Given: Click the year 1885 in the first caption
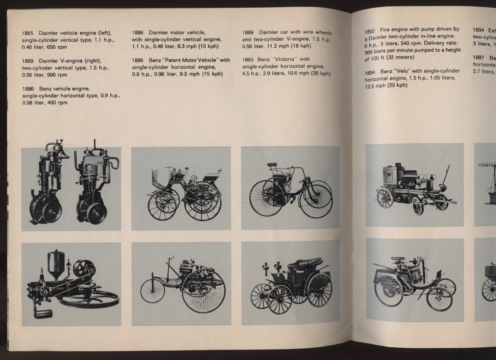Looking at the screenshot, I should (28, 33).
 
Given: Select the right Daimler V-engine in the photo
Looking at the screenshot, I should (95, 186).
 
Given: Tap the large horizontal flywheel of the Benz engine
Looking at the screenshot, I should (89, 299).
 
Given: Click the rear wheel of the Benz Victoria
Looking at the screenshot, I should (319, 290).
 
